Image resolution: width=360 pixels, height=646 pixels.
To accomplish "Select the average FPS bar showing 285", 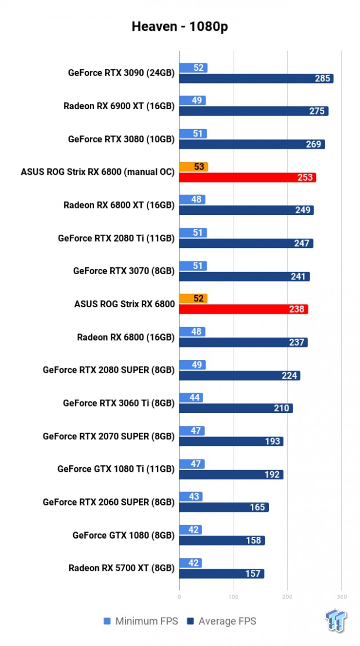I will (256, 78).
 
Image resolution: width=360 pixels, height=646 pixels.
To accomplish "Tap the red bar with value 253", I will (247, 178).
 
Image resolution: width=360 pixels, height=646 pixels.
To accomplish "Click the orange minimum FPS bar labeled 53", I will (193, 167).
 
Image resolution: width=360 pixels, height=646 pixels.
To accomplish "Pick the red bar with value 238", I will (243, 309).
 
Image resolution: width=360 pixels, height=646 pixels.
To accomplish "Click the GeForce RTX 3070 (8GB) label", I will (124, 271).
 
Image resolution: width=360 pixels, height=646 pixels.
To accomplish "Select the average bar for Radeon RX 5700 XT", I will (221, 573).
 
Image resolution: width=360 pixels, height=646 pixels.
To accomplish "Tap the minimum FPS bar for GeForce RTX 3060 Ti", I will (190, 397).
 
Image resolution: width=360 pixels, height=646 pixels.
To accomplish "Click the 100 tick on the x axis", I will (233, 597).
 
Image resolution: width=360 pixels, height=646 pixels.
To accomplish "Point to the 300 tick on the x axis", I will (341, 597).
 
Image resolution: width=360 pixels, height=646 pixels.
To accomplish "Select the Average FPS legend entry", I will (222, 621).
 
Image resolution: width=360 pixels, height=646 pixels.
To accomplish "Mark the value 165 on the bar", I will (257, 507).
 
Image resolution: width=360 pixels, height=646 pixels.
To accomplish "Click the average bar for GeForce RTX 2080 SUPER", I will (239, 375).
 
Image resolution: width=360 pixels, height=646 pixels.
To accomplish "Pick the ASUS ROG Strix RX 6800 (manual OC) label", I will (98, 172).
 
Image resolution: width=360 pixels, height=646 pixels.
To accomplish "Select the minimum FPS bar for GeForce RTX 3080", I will (193, 134).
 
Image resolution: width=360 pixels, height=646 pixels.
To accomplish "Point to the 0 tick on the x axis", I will (179, 597).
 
